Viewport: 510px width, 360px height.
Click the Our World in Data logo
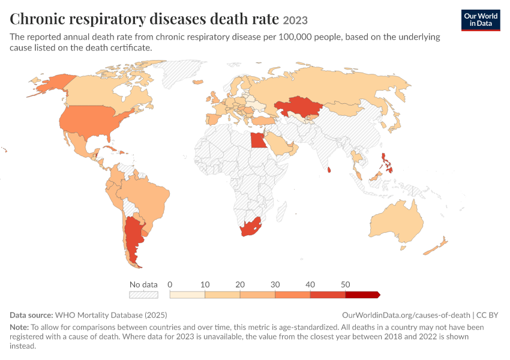(481, 20)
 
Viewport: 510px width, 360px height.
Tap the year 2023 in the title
(295, 20)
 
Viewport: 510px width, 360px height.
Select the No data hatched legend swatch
(143, 295)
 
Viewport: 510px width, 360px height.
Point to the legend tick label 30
(275, 284)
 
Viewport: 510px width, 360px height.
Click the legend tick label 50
(346, 284)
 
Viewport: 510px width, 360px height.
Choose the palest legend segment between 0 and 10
(187, 295)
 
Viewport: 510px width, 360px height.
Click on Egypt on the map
(258, 140)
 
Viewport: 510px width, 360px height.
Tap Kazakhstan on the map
(296, 106)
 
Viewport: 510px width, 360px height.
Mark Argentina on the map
(133, 238)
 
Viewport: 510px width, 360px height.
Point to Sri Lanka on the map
(329, 170)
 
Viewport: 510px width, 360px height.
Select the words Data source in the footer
(31, 315)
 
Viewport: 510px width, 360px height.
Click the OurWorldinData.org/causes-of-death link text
(406, 315)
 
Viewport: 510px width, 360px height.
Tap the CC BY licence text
(487, 315)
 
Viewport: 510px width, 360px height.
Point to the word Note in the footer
(19, 327)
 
